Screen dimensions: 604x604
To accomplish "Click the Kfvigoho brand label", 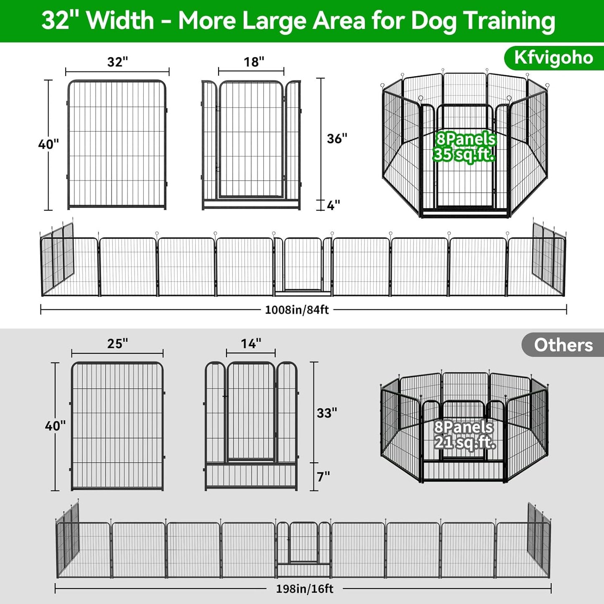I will point(553,58).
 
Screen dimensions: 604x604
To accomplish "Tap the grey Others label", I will point(563,345).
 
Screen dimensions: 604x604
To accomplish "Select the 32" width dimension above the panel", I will point(117,62).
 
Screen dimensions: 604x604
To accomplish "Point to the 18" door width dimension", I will point(254,62).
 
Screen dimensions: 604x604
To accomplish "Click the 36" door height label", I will point(337,139).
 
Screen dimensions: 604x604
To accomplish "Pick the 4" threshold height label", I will point(333,205).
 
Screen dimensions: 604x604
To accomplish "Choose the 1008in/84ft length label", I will point(297,310).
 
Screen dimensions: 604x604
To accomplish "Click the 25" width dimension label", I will point(117,344).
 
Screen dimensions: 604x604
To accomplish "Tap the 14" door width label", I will point(251,344).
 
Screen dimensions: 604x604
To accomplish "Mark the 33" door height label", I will point(327,413).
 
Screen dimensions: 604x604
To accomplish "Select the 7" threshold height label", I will point(323,477).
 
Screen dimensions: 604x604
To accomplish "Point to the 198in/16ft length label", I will point(305,589).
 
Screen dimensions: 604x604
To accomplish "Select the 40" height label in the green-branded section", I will point(48,145).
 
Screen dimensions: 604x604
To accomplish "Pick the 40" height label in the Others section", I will point(55,426).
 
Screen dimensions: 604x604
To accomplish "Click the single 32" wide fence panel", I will point(117,144).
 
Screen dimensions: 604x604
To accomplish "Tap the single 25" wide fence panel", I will point(117,426).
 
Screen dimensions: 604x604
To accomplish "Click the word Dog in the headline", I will point(433,20).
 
